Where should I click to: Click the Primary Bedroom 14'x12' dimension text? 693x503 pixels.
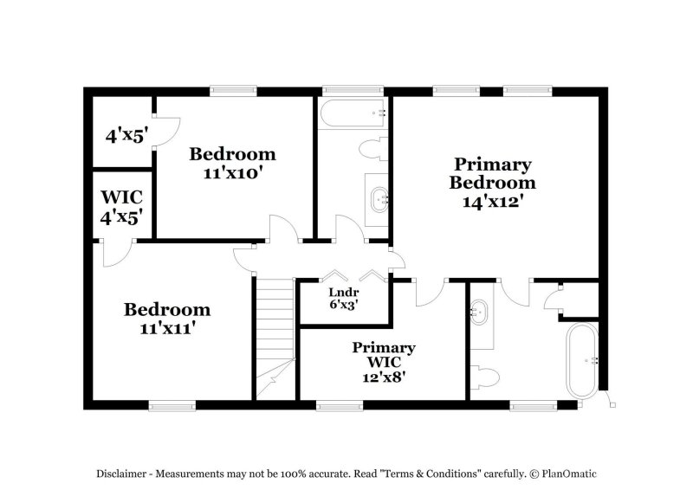point(493,202)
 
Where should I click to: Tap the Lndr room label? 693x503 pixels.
point(343,292)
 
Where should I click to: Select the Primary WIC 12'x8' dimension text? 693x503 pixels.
point(384,377)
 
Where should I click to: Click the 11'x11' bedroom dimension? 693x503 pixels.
point(167,328)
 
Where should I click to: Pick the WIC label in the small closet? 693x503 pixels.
point(121,197)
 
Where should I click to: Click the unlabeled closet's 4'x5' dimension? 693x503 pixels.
point(126,136)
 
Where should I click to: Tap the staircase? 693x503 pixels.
point(275,339)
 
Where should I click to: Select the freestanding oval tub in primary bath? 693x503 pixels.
point(582,361)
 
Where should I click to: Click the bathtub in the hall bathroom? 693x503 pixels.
point(353,113)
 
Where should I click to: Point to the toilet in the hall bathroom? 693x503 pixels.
point(373,149)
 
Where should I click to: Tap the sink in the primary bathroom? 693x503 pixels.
point(479,313)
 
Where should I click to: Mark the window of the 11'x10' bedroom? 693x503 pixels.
point(233,91)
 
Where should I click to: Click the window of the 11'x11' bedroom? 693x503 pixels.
point(172,405)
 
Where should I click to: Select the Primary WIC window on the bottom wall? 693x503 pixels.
point(340,405)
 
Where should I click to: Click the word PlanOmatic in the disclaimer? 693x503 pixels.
point(569,474)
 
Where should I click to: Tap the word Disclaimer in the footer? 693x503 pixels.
point(121,474)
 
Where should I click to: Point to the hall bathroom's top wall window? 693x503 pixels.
point(353,91)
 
